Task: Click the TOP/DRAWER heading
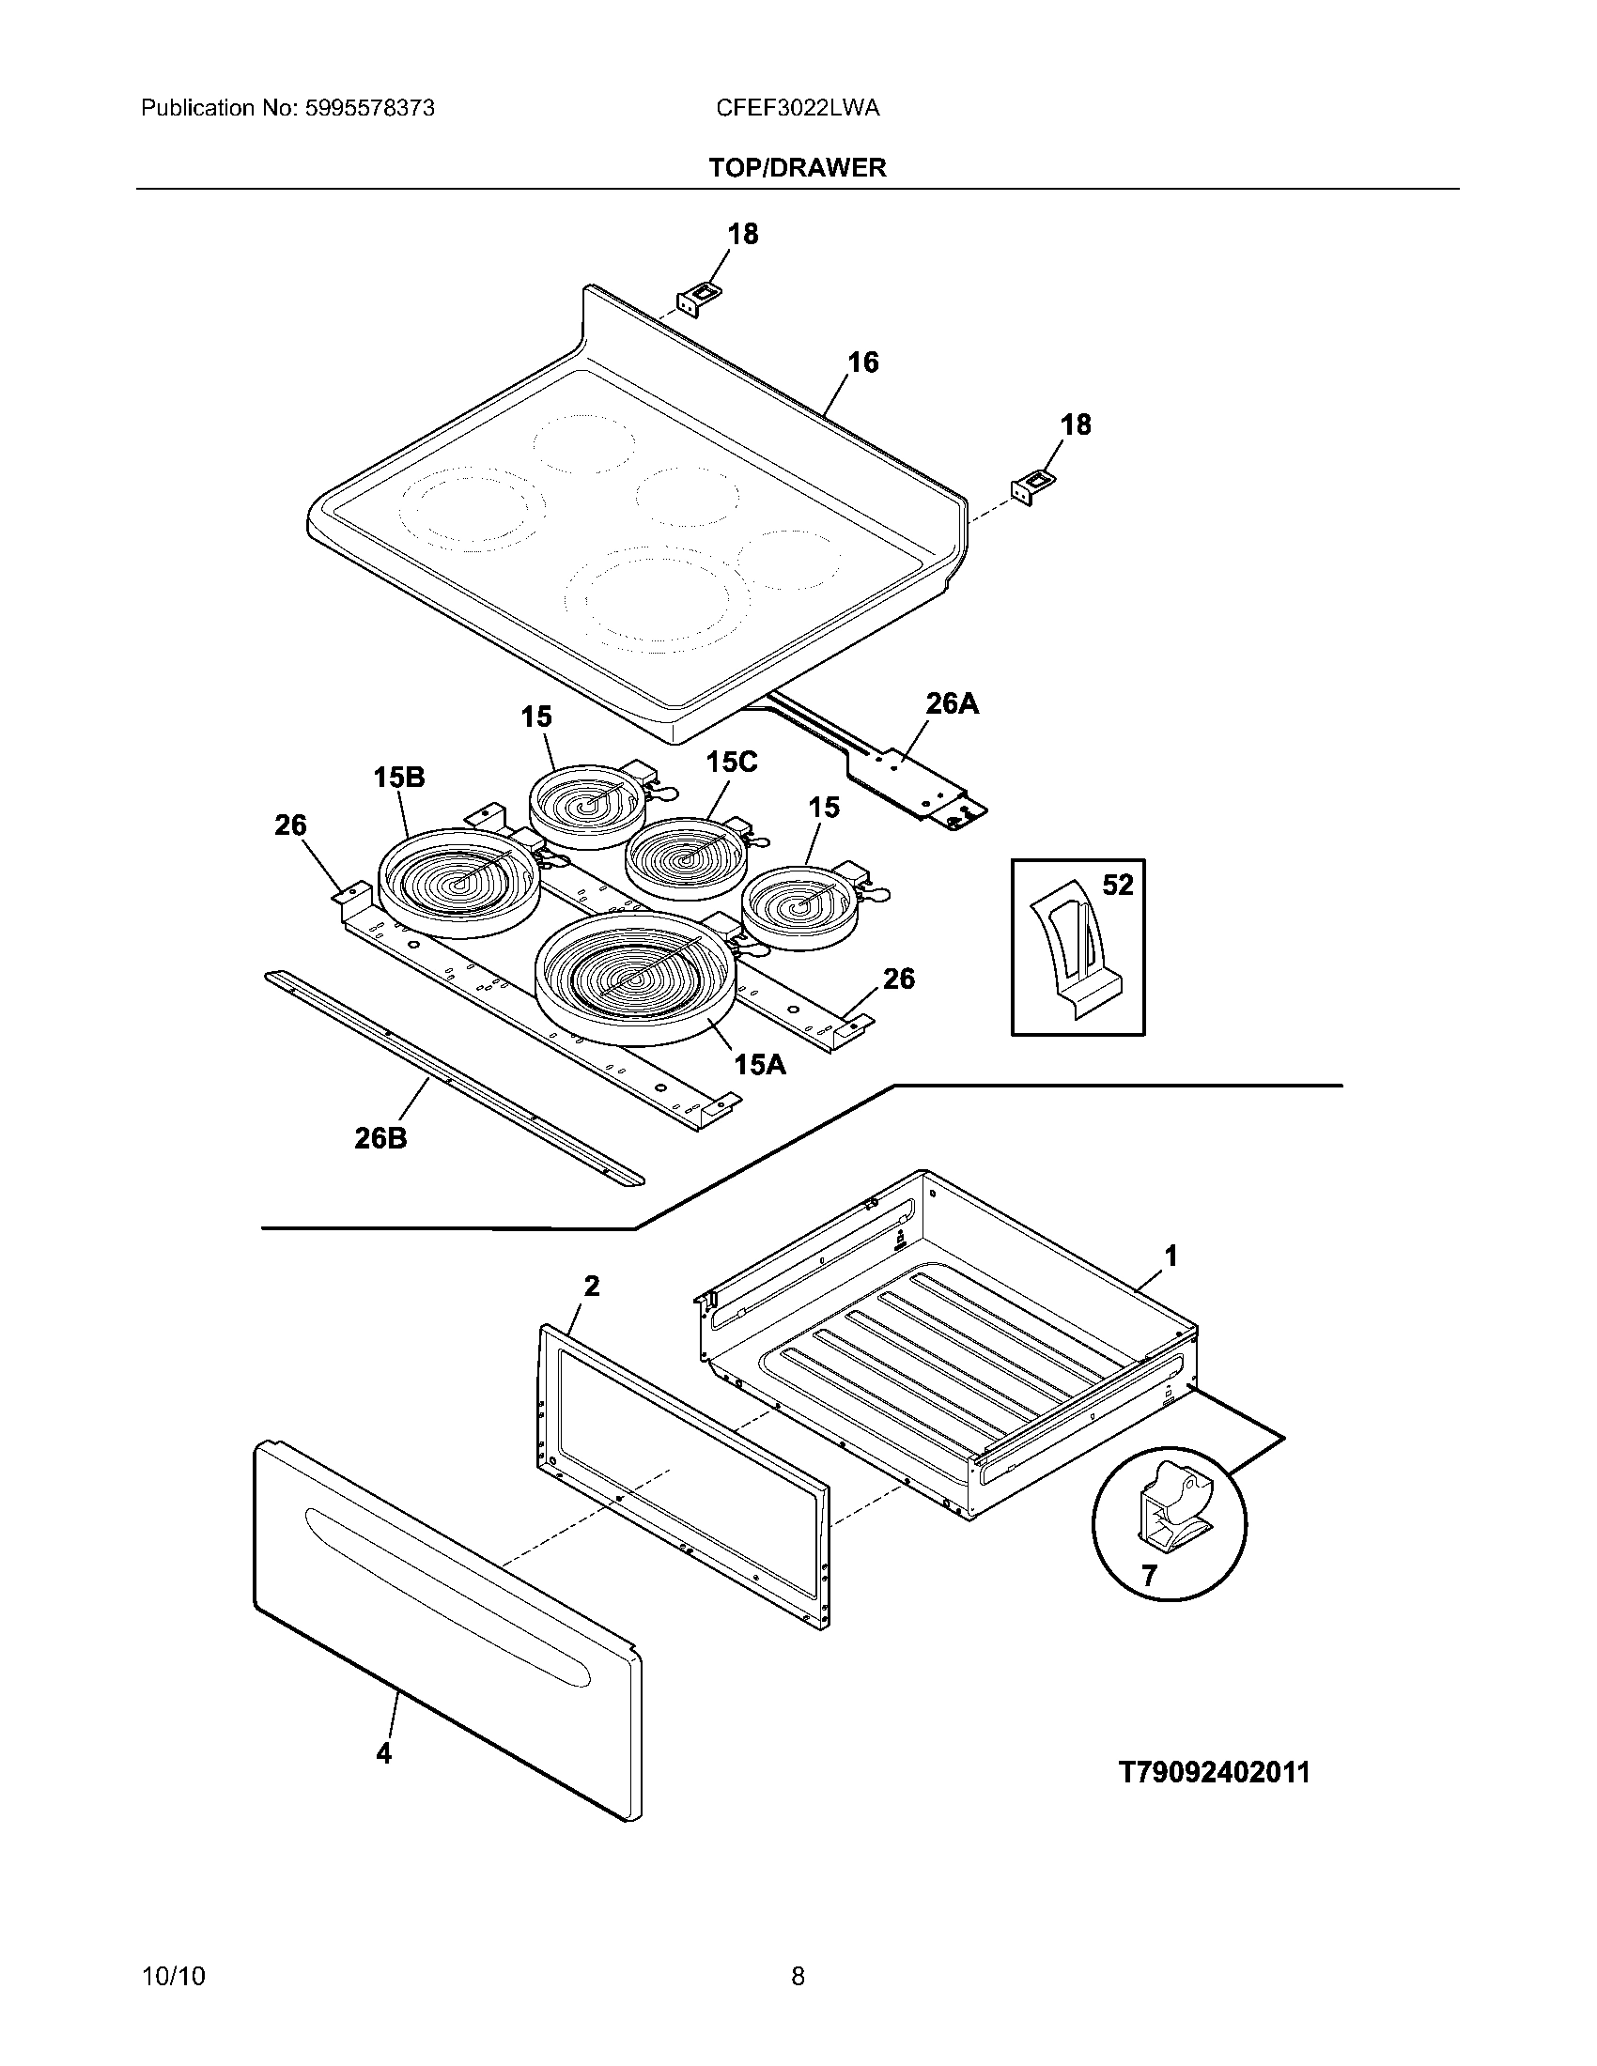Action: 798,167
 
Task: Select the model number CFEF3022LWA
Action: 798,108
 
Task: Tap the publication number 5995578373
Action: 369,108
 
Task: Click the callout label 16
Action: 861,362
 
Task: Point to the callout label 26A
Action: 951,703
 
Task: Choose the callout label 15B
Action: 398,778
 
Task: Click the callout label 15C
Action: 731,763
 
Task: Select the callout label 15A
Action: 760,1065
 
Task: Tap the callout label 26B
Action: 380,1138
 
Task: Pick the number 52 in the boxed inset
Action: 1117,885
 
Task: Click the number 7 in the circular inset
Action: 1149,1576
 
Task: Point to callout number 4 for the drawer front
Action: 383,1753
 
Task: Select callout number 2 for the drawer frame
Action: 591,1287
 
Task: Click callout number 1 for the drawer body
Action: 1171,1257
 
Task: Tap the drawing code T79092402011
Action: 1215,1772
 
